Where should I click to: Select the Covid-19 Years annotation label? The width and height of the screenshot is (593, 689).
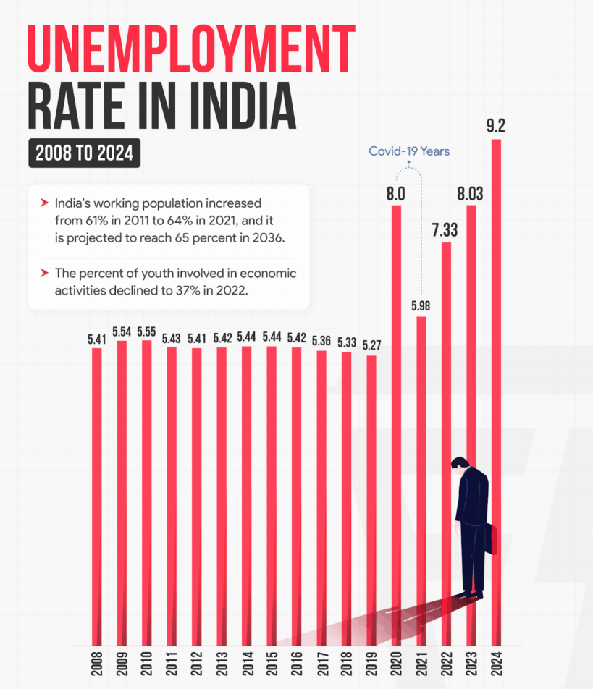click(x=409, y=151)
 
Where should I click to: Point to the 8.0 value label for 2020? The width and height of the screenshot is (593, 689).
click(x=395, y=194)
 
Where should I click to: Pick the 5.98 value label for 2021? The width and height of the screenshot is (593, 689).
click(x=421, y=305)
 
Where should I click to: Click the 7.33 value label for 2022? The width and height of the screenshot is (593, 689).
click(x=446, y=230)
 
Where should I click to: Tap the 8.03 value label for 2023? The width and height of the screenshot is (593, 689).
click(x=471, y=194)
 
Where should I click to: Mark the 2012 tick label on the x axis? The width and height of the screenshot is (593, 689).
click(x=196, y=666)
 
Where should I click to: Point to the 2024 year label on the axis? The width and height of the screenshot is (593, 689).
click(x=496, y=666)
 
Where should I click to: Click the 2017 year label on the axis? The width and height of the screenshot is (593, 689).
click(x=321, y=666)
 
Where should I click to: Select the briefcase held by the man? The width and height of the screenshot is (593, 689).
click(x=492, y=538)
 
